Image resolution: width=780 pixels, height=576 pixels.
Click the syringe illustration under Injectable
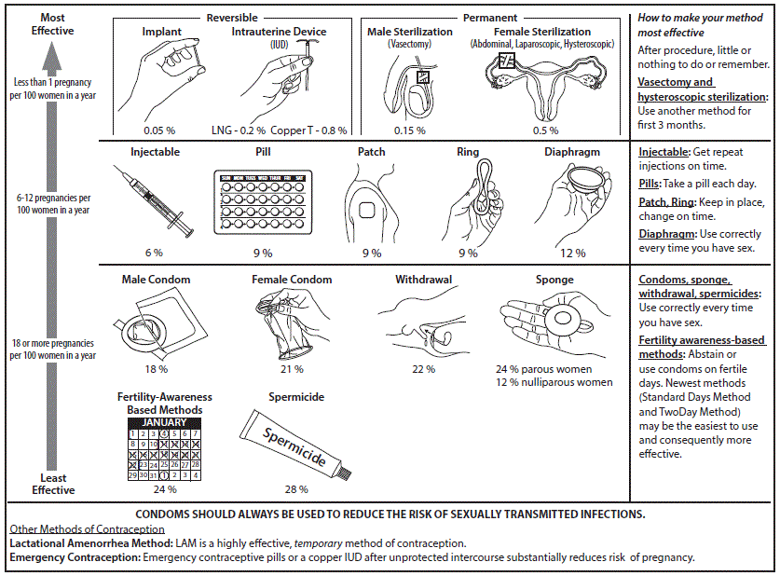[x=153, y=200]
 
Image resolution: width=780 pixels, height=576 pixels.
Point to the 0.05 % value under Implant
[x=160, y=130]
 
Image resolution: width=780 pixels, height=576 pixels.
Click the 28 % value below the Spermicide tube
[x=296, y=488]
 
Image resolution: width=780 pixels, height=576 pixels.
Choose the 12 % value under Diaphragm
[x=572, y=253]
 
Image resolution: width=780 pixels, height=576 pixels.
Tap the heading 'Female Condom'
[x=292, y=280]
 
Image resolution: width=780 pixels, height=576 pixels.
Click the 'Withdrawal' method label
[x=422, y=280]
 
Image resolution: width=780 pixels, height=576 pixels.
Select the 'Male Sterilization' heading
[x=409, y=32]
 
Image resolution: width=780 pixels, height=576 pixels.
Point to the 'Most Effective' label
[x=51, y=24]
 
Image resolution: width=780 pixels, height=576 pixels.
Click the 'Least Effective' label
[x=51, y=484]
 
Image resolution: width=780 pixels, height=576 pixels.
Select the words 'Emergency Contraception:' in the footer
[x=75, y=557]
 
